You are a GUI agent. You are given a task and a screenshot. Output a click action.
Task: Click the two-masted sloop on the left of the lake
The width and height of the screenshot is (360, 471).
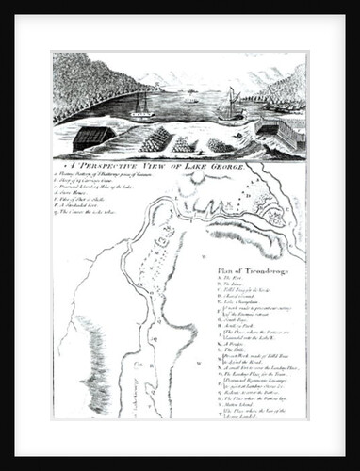click(x=141, y=106)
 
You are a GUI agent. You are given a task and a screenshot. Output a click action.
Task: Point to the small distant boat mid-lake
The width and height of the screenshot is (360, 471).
click(x=191, y=94)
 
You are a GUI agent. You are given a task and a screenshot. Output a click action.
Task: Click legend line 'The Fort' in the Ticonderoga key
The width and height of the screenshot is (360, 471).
click(x=230, y=279)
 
